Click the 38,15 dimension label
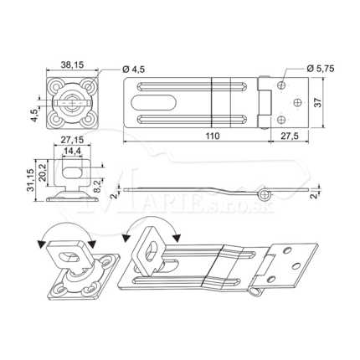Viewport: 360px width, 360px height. coord(72,65)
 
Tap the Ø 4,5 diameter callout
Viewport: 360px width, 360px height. coord(134,69)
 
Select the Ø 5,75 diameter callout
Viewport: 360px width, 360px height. coord(320,69)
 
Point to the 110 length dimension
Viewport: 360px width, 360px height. coord(213,136)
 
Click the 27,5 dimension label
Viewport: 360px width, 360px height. coord(290,136)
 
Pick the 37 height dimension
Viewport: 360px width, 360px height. coord(318,103)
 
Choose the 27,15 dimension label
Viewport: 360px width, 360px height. coord(72,139)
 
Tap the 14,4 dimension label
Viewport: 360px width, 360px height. coord(72,151)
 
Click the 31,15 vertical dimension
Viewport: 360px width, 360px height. coord(30,180)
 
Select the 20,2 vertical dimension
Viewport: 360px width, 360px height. coord(42,172)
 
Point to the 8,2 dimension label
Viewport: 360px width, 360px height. coord(99,186)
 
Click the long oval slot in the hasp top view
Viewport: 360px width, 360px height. coord(152,103)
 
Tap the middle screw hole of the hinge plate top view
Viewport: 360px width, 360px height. coord(298,103)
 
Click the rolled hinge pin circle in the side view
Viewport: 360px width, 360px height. coord(264,195)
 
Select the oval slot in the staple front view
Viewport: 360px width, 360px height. coord(71,172)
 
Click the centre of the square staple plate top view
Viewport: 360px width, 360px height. coord(73,103)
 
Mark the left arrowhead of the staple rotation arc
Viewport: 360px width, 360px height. coord(42,244)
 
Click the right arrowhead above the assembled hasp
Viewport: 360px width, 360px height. coord(177,239)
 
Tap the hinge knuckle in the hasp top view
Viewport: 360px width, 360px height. coord(265,103)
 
